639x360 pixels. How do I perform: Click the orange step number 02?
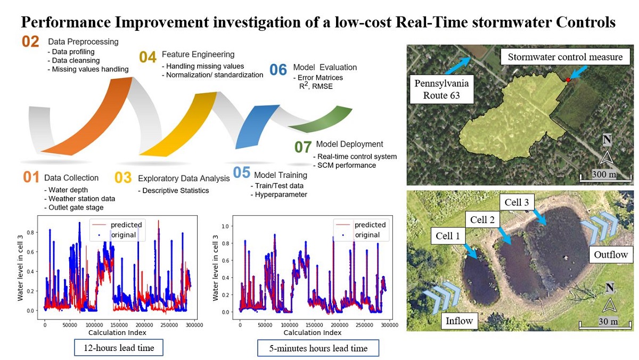31,41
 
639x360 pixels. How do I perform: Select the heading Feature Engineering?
198,54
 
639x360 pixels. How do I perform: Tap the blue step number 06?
278,69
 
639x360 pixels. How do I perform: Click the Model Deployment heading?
349,144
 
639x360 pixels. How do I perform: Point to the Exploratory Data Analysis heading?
184,178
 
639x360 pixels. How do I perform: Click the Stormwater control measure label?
565,57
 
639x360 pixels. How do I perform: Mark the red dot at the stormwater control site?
568,79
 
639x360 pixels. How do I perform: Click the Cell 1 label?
447,235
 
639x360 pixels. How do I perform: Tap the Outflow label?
611,254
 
